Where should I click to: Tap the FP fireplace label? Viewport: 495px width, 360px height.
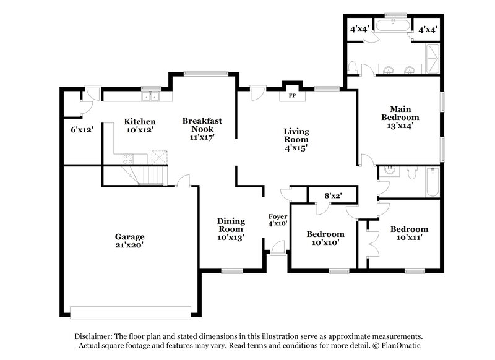(292, 96)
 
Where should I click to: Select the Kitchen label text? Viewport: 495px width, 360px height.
(140, 121)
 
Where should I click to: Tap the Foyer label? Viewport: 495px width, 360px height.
(277, 216)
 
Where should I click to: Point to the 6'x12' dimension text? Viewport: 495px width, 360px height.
(81, 130)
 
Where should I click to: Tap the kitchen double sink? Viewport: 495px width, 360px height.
(150, 96)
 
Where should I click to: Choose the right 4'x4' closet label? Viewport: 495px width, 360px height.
(428, 28)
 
